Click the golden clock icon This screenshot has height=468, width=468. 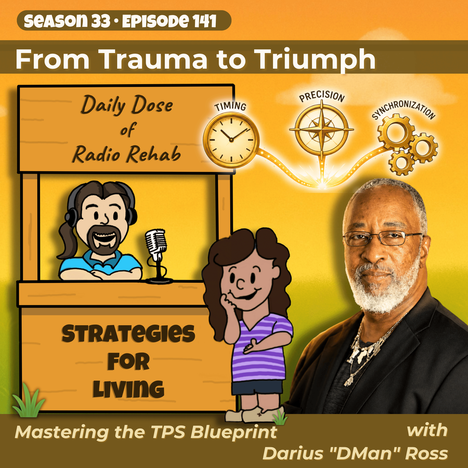click(x=231, y=140)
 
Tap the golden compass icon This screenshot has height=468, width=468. click(x=321, y=130)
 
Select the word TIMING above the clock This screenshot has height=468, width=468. click(x=230, y=106)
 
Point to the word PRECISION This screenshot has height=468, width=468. click(x=322, y=96)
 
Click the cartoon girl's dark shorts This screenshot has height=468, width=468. click(x=257, y=387)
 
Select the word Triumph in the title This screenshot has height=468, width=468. click(x=316, y=60)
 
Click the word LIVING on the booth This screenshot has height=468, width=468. click(x=128, y=389)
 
